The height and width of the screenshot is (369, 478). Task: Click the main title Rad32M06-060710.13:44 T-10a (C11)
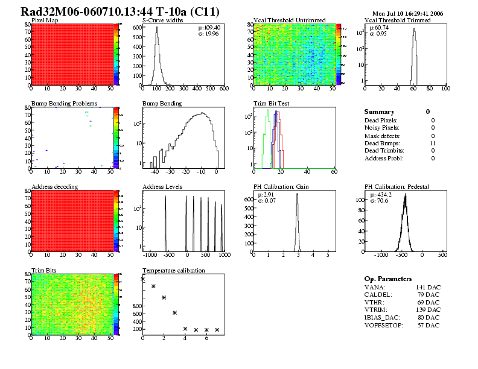[120, 11]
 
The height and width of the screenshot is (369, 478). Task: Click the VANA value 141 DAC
[427, 288]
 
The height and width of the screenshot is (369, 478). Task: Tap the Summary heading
[379, 112]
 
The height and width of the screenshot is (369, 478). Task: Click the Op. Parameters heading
[388, 279]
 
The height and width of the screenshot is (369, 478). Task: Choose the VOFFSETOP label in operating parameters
[384, 326]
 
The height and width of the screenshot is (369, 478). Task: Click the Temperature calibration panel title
[173, 271]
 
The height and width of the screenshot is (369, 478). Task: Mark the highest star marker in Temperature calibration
[143, 279]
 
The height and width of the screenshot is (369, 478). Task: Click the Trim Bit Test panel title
[271, 104]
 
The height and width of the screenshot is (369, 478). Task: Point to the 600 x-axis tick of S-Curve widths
[223, 89]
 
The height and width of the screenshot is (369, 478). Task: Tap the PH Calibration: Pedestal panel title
[397, 187]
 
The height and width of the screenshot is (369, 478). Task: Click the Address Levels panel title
[162, 187]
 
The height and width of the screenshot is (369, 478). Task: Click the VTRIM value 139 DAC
[427, 311]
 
